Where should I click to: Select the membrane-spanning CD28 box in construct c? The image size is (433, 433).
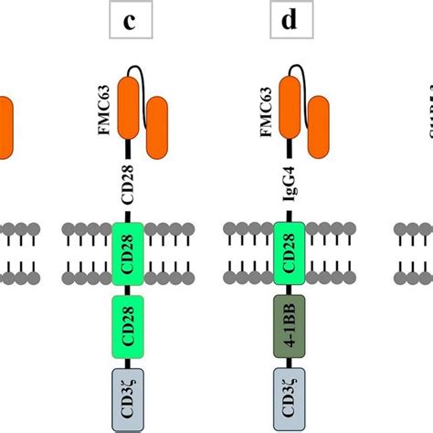click(x=129, y=250)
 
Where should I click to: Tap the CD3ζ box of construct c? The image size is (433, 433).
click(x=129, y=396)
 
